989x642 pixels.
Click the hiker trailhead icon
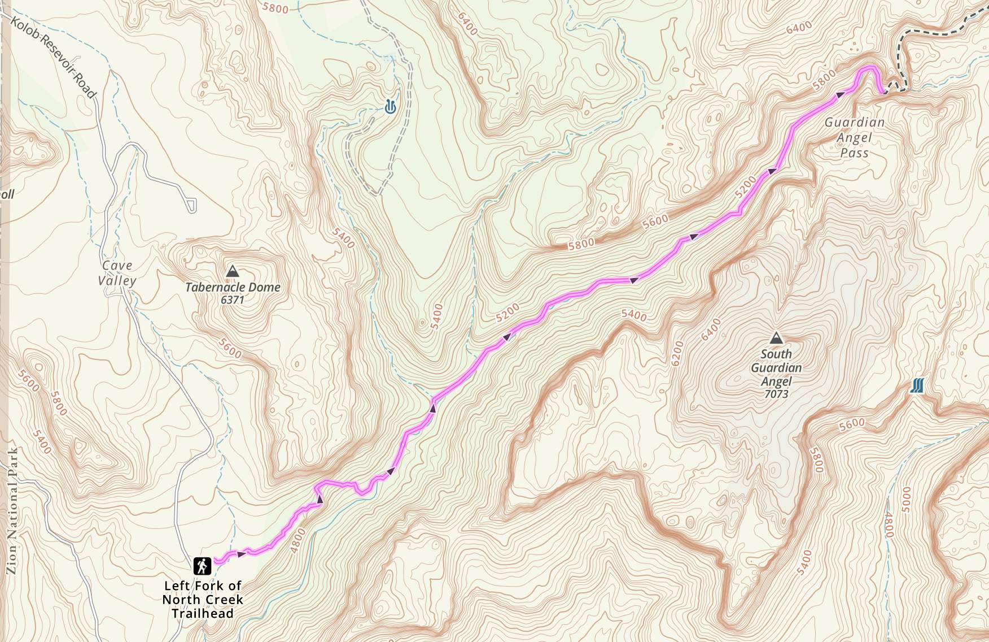[202, 566]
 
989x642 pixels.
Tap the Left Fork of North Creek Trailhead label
[203, 600]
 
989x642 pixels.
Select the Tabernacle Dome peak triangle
[232, 272]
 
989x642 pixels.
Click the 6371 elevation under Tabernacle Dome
[232, 300]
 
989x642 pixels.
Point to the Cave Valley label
[117, 273]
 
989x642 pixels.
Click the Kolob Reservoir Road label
[54, 57]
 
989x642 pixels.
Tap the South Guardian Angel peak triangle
[777, 338]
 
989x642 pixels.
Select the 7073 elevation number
[776, 394]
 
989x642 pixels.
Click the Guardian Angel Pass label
[854, 137]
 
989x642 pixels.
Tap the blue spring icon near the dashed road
[390, 106]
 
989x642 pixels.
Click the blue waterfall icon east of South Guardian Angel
[917, 386]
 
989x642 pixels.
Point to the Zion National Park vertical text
[12, 511]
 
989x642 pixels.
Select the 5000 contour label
[907, 499]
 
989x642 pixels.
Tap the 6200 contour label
[677, 353]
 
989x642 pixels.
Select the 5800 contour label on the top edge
[275, 8]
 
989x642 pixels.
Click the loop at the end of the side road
[192, 206]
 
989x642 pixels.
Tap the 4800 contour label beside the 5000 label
[889, 525]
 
